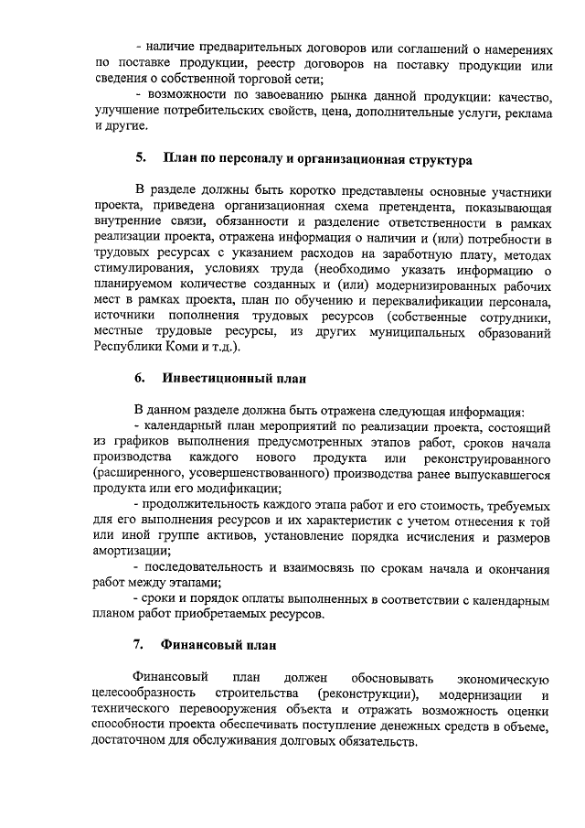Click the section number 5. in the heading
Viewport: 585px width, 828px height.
(142, 158)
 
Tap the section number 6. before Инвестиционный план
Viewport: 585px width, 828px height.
(141, 377)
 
